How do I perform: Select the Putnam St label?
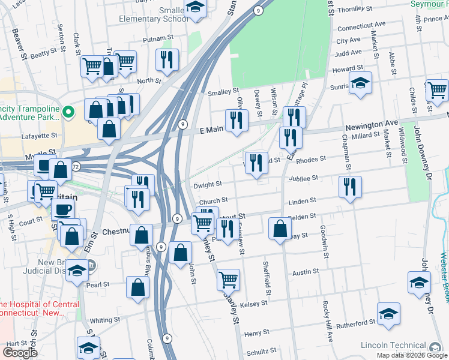coord(158,38)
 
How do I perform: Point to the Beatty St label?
coord(43,54)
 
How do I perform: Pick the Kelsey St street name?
coord(253,304)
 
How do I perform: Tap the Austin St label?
coord(305,272)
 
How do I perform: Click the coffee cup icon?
coord(63,209)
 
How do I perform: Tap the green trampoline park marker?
coord(69,111)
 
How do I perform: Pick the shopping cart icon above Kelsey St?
coord(228,279)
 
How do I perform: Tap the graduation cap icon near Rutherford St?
coord(388,313)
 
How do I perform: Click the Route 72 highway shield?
coord(76,166)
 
